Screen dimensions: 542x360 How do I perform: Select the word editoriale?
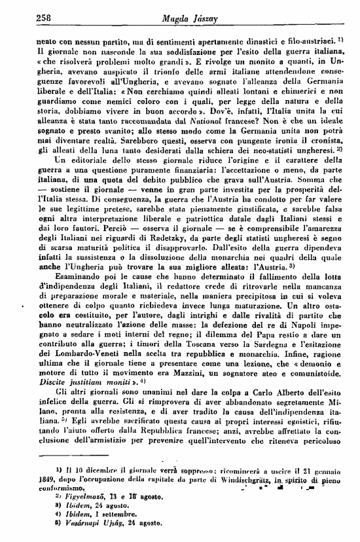pyautogui.click(x=82, y=161)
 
